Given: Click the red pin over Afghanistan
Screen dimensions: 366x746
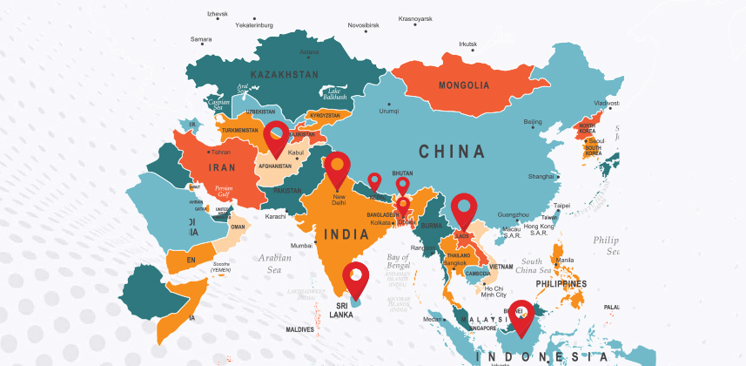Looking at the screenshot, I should tap(277, 136).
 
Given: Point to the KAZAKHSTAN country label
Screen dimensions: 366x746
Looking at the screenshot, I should tap(284, 75).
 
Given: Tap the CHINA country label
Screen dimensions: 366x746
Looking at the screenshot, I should tap(452, 152).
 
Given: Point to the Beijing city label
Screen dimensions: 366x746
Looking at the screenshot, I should tap(532, 122).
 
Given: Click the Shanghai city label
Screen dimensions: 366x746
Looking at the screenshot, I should tap(540, 176).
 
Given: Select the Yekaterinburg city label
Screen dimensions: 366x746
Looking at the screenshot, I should tap(254, 25).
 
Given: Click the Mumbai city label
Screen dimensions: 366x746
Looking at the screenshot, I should tap(301, 246).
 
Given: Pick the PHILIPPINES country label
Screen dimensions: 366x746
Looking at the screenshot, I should tap(561, 283).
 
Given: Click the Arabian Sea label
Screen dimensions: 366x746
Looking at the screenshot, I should tap(275, 263).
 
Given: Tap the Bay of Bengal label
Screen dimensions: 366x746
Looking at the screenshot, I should tap(398, 262).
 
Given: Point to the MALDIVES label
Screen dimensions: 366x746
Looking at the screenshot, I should tap(300, 329).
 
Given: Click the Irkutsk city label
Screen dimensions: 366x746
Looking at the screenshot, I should tap(468, 44).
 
